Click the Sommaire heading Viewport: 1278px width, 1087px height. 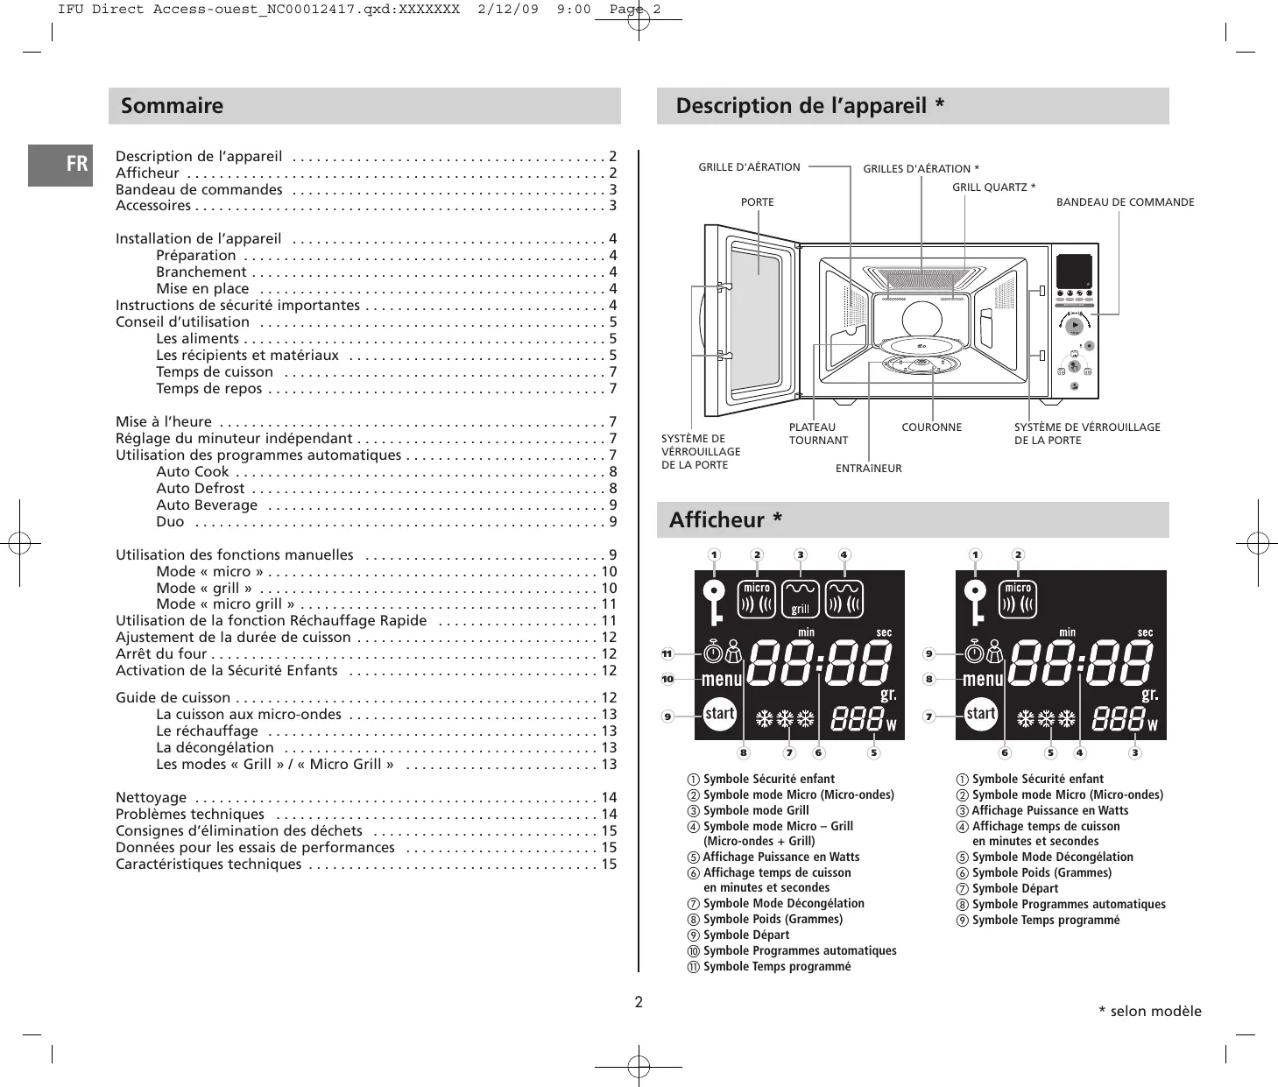173,106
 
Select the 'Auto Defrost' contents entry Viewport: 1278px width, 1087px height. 201,488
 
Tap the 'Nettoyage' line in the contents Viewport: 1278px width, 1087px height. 152,797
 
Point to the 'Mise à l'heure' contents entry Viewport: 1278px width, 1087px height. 164,421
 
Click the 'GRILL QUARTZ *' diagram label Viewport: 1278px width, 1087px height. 993,187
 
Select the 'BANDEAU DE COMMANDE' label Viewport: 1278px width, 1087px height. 1125,202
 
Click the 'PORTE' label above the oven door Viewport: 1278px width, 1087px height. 758,202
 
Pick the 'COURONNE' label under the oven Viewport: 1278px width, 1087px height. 931,427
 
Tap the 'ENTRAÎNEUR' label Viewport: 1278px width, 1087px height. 868,469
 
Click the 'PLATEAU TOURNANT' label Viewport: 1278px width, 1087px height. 817,434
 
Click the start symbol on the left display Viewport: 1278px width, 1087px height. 720,714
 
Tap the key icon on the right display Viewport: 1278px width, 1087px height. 974,601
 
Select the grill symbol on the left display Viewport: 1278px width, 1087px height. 800,599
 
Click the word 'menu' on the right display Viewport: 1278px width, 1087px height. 983,679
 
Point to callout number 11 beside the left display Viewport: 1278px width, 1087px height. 667,653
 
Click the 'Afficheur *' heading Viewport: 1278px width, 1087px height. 725,520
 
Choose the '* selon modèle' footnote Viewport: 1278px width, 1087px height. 1149,1012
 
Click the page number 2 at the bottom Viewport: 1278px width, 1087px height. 639,1002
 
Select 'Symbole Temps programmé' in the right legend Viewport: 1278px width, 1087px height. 1046,920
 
